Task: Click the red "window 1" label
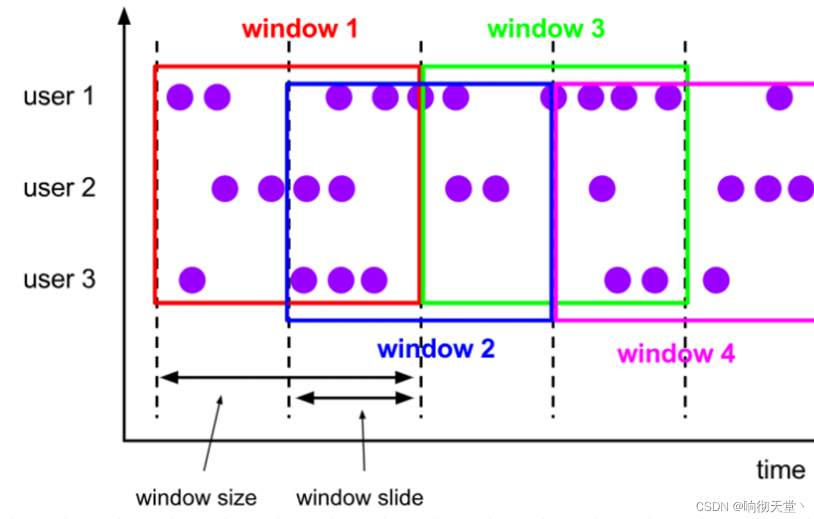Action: click(x=299, y=29)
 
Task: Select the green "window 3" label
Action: click(x=546, y=29)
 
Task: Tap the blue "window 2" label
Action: click(x=435, y=349)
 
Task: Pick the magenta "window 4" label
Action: click(x=676, y=354)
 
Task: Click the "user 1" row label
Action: click(x=59, y=97)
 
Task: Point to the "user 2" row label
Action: click(x=59, y=188)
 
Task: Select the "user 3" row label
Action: click(x=59, y=279)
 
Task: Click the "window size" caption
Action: click(x=196, y=497)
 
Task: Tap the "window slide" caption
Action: click(x=359, y=497)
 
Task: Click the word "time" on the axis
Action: click(x=780, y=470)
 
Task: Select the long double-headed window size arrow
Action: click(x=286, y=378)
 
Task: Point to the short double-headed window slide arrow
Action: click(x=355, y=398)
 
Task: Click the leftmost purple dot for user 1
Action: click(x=180, y=98)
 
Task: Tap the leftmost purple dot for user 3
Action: click(x=192, y=280)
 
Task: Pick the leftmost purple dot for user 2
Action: click(x=225, y=189)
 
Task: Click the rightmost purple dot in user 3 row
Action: click(x=716, y=280)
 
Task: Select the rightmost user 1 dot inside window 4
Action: click(x=780, y=98)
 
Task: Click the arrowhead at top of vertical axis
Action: click(x=124, y=15)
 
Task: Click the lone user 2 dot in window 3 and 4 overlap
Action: click(x=602, y=189)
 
